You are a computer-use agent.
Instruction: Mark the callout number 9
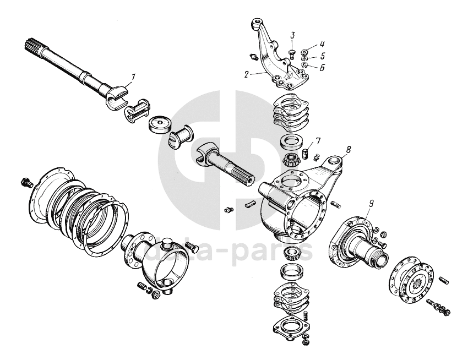[371, 203]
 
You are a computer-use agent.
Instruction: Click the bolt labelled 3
[292, 53]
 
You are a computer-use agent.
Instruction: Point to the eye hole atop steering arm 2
[257, 23]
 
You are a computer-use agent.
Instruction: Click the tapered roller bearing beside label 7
[292, 160]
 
